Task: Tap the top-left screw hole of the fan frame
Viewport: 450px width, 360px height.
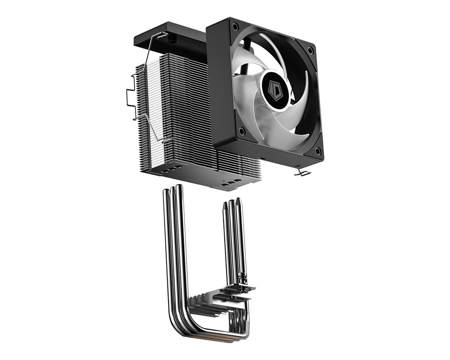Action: coord(235,27)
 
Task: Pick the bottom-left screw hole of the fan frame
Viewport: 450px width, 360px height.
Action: coord(242,131)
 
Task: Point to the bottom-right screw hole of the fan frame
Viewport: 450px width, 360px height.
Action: coord(318,151)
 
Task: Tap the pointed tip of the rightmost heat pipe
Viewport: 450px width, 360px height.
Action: coord(238,205)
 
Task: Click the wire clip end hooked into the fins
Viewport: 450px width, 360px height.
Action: coord(165,141)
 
